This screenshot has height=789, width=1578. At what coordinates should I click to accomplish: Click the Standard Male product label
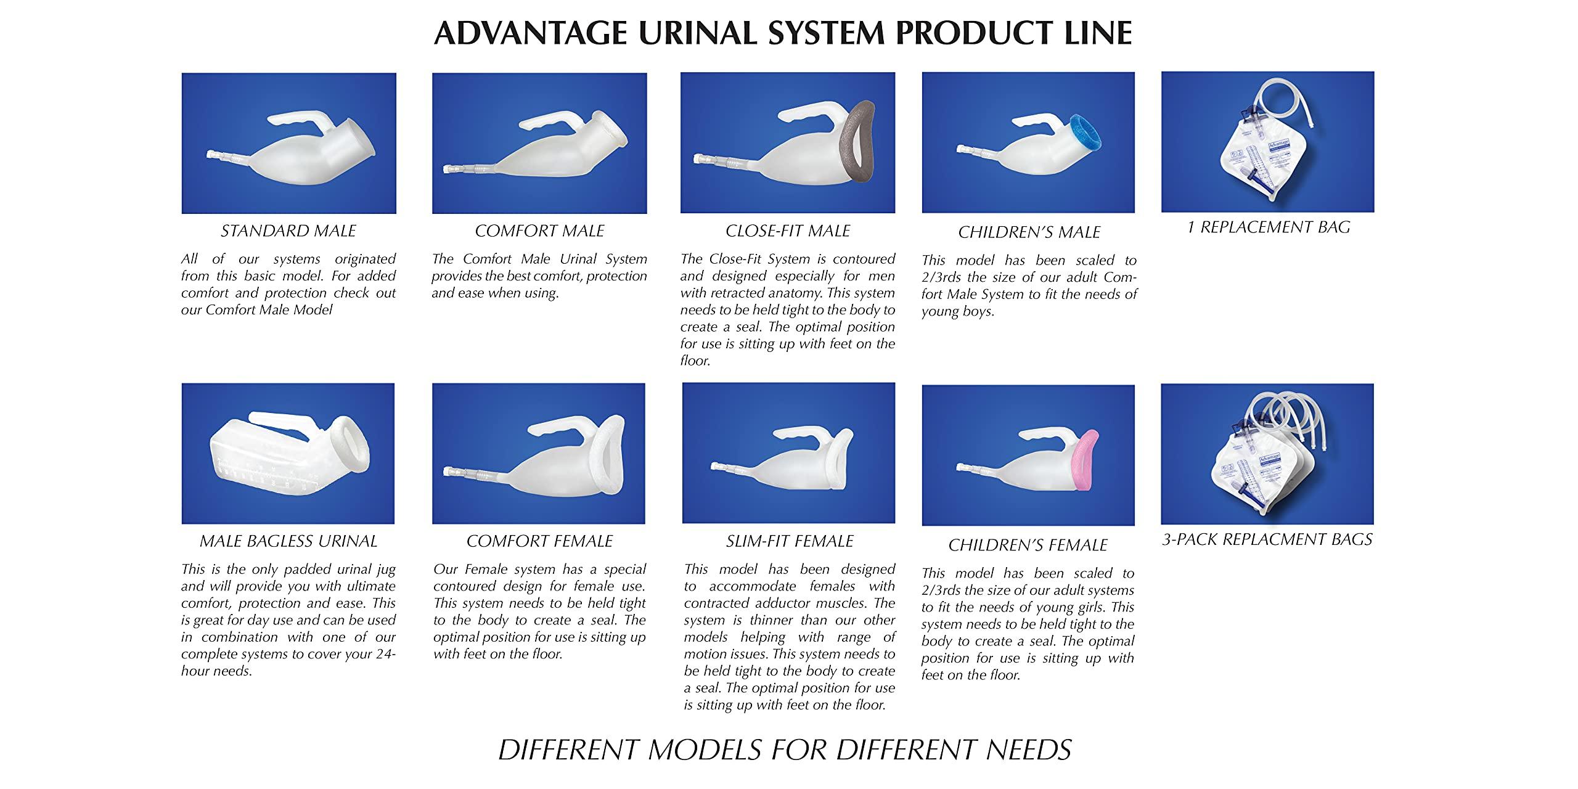[288, 231]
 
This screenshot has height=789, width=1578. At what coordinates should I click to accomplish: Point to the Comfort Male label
[539, 231]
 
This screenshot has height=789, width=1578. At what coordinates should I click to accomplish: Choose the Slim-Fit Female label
[789, 541]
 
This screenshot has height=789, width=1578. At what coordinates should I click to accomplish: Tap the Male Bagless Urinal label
[288, 541]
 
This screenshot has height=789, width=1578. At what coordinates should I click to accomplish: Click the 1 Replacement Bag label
[1269, 227]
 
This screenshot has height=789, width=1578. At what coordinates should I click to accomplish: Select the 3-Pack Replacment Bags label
[1267, 539]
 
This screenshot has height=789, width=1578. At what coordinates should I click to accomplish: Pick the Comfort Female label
[539, 541]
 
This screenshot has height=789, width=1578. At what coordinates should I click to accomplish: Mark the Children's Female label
[1028, 545]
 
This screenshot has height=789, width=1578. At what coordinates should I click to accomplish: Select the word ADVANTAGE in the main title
[531, 33]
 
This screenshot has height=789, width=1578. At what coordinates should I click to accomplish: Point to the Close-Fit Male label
[788, 231]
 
